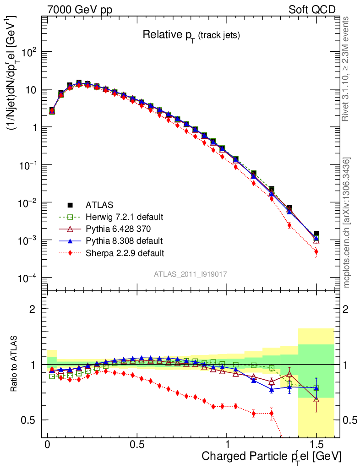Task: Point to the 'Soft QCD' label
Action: [312, 9]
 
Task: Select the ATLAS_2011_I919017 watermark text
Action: [191, 274]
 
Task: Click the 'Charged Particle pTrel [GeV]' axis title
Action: [271, 456]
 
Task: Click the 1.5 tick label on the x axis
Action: [316, 445]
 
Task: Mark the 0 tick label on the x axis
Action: [48, 445]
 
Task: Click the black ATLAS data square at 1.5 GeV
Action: [316, 234]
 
